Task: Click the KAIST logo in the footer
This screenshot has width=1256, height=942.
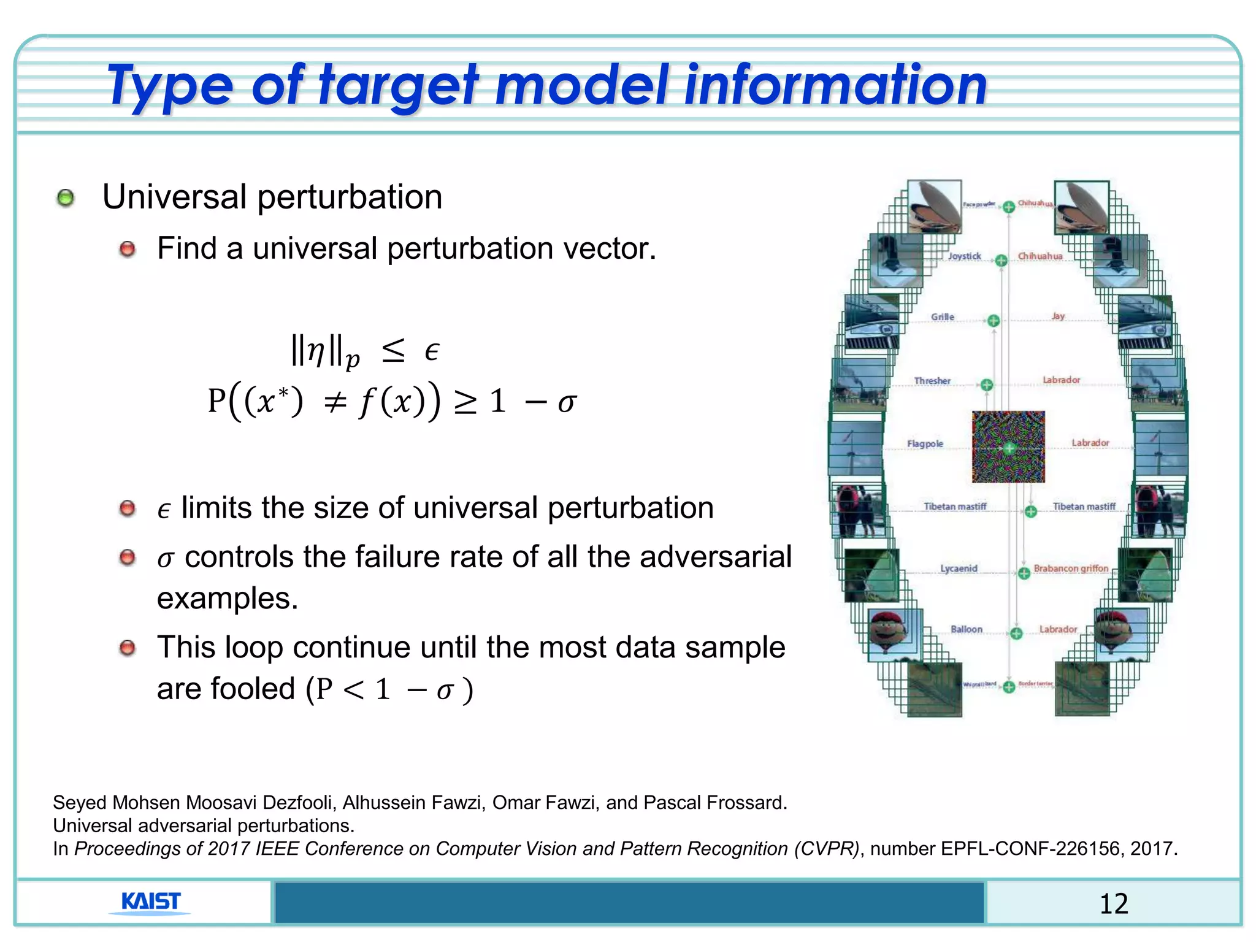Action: (x=150, y=902)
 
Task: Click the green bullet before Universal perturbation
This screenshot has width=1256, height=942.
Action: (x=66, y=198)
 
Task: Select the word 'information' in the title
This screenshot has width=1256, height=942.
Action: (x=835, y=85)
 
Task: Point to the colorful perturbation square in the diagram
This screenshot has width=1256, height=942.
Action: (x=1008, y=447)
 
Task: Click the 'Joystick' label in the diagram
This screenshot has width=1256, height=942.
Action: (x=964, y=256)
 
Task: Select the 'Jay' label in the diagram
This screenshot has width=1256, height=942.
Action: (x=1059, y=316)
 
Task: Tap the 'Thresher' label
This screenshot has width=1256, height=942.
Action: (x=932, y=381)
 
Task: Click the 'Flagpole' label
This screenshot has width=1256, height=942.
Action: (x=925, y=443)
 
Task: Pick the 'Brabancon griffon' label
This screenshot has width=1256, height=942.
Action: (x=1071, y=569)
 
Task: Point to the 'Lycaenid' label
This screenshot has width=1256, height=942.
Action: (x=959, y=569)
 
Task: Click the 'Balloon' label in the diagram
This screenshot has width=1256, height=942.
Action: (x=967, y=629)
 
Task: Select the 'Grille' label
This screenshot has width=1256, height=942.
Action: (x=943, y=317)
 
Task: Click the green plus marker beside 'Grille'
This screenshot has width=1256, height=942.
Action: (x=994, y=321)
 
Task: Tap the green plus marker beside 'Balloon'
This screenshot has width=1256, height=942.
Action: (x=1016, y=633)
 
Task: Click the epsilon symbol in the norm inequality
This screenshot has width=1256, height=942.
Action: (x=432, y=351)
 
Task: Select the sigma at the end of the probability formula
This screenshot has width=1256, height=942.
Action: (x=567, y=403)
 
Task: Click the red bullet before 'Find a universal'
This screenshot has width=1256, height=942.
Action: (x=128, y=250)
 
